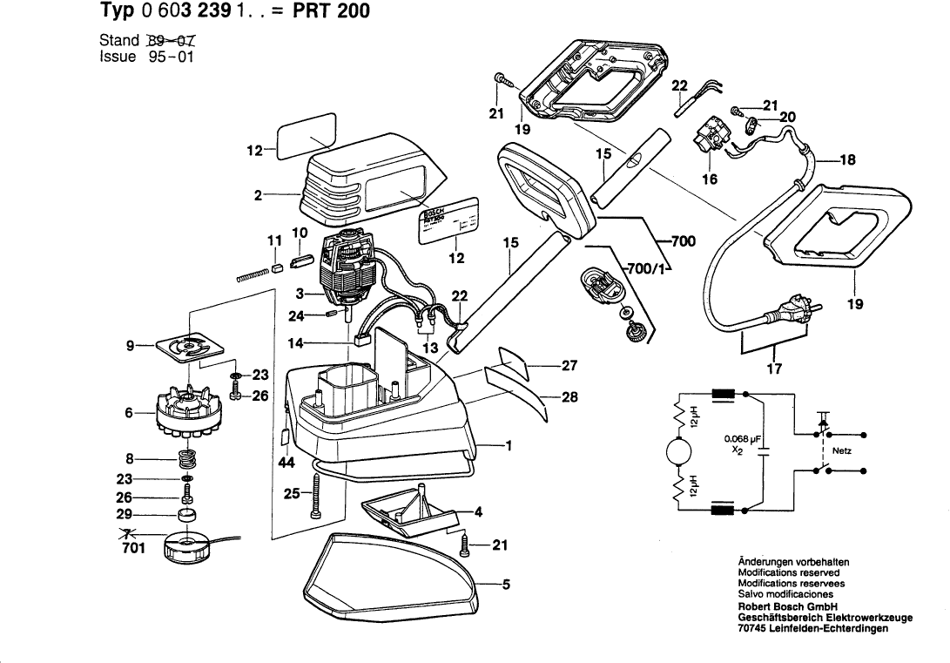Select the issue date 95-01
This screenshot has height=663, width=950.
(x=165, y=57)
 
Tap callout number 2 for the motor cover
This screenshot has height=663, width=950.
(x=258, y=196)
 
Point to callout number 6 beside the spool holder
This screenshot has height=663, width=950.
(x=129, y=413)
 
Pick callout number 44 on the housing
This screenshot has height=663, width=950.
(x=286, y=463)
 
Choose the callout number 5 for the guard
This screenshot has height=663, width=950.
(x=505, y=585)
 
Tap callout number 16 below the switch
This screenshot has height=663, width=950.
(x=710, y=179)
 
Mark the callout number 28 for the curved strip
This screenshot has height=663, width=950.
(x=569, y=397)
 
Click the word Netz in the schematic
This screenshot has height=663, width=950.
(x=842, y=451)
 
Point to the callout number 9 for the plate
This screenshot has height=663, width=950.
(x=130, y=346)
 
